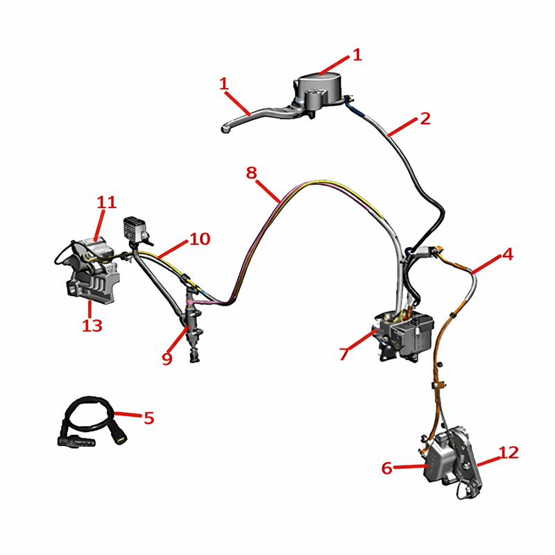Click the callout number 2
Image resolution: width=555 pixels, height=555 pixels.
pos(425,118)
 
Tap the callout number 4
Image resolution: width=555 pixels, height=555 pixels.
pos(508,254)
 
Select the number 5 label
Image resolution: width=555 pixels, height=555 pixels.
pos(149,418)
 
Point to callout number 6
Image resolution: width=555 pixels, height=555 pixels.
pos(387,468)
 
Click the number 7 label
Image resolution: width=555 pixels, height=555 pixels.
pos(344,354)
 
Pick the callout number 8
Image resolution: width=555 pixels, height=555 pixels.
pos(251,173)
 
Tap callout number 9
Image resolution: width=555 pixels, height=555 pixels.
pos(167,358)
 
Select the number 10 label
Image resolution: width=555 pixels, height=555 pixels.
pos(200,239)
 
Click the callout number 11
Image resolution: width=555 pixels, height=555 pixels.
pos(107,202)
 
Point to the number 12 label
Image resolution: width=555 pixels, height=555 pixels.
pos(509,452)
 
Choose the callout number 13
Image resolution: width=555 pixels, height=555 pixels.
pos(92,325)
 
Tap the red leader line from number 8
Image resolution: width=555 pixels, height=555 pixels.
pos(268,191)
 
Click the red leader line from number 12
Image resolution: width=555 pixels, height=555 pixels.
pos(489,461)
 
